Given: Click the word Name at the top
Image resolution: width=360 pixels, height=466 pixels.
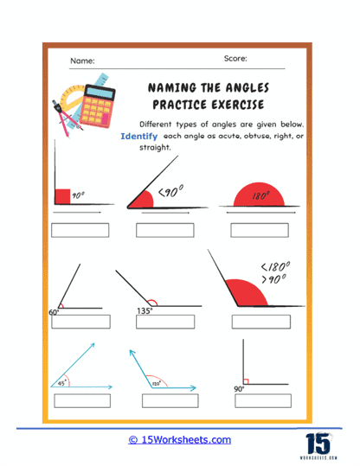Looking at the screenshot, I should point(83,61).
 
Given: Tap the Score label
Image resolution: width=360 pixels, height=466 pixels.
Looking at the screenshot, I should point(234,59).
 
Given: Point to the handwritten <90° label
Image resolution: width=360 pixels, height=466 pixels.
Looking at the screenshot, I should point(170,190).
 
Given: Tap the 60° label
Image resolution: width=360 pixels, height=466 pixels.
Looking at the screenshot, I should point(54,310).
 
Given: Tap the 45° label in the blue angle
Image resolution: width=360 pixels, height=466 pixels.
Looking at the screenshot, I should point(61,381).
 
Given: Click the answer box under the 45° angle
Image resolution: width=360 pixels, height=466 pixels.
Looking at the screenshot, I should point(83,400).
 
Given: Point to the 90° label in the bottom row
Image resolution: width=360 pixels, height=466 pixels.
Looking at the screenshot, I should point(240,390).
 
